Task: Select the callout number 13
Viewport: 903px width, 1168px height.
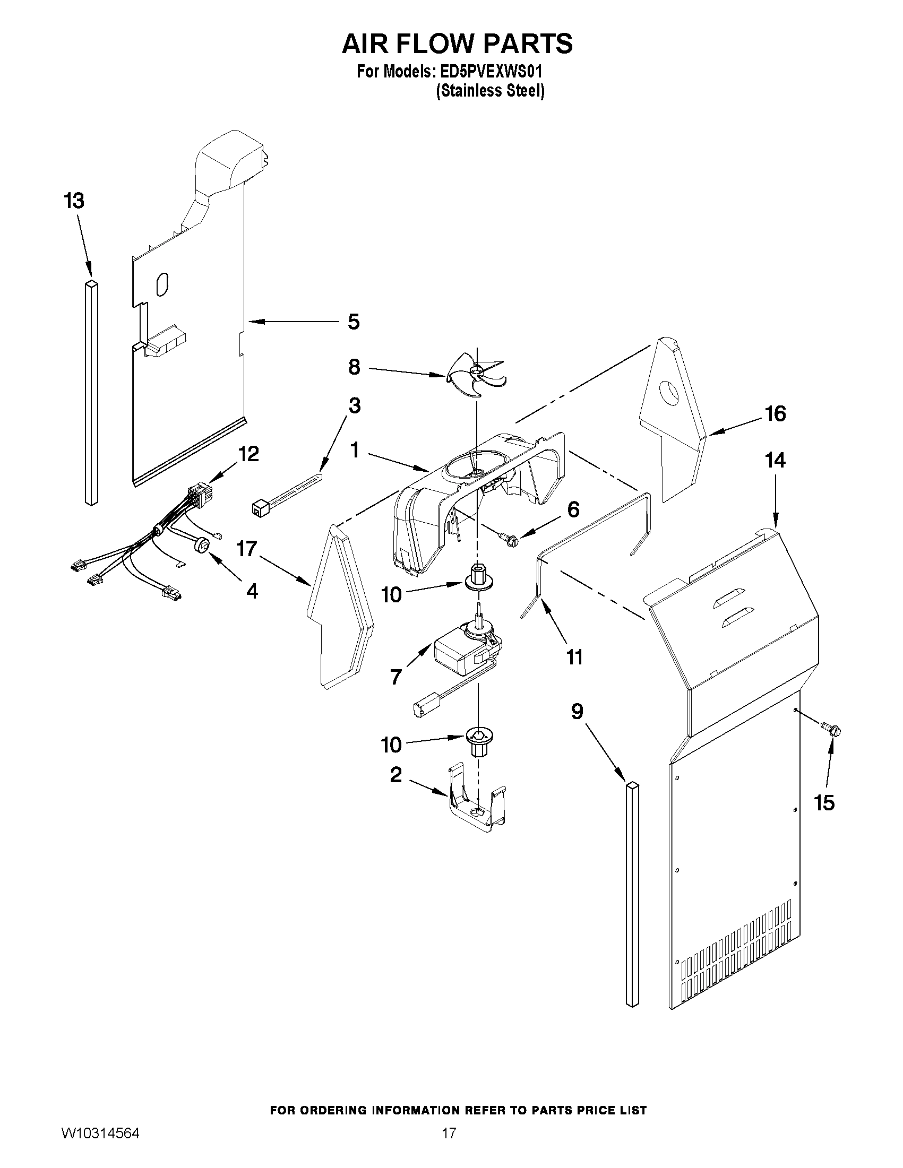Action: coord(74,202)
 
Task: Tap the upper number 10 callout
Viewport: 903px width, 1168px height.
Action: coord(392,595)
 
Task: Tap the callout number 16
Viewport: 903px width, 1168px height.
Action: coord(776,413)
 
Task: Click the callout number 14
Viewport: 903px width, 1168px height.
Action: coord(776,461)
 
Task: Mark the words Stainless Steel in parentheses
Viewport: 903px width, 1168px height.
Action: coord(490,91)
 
